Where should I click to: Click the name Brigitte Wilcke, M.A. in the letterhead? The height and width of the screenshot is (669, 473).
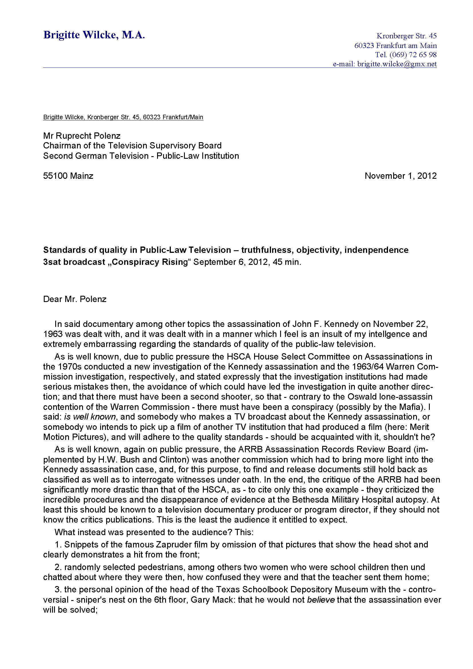(94, 35)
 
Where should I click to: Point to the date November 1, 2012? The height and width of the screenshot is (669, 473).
(400, 176)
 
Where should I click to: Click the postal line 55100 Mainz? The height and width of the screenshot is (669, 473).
(68, 176)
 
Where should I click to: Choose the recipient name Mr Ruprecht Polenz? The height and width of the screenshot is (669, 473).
(82, 136)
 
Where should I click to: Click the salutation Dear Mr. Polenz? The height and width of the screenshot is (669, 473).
(75, 299)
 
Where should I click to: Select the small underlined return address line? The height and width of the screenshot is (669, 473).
(123, 117)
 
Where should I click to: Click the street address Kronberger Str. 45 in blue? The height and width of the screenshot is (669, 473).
(406, 36)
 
